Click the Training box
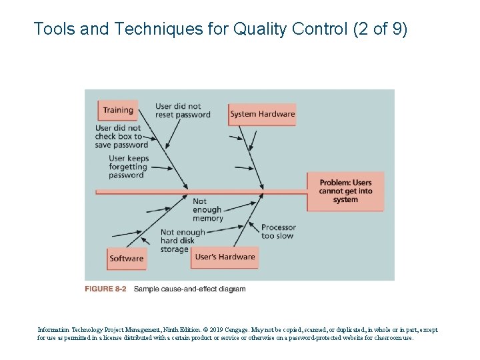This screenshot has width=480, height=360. pyautogui.click(x=118, y=111)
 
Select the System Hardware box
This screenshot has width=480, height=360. pyautogui.click(x=262, y=114)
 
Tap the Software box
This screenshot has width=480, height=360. pyautogui.click(x=127, y=259)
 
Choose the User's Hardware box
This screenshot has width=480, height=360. pyautogui.click(x=225, y=257)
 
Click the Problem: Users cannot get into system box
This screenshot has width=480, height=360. pyautogui.click(x=345, y=191)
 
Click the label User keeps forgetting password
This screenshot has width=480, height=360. pyautogui.click(x=128, y=167)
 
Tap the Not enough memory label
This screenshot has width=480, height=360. pyautogui.click(x=207, y=209)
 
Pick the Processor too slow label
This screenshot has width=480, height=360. pyautogui.click(x=278, y=231)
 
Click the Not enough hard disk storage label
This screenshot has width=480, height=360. pyautogui.click(x=182, y=241)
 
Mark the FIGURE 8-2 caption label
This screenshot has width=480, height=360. pyautogui.click(x=105, y=289)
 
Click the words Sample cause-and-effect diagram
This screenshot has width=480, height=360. pyautogui.click(x=189, y=289)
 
